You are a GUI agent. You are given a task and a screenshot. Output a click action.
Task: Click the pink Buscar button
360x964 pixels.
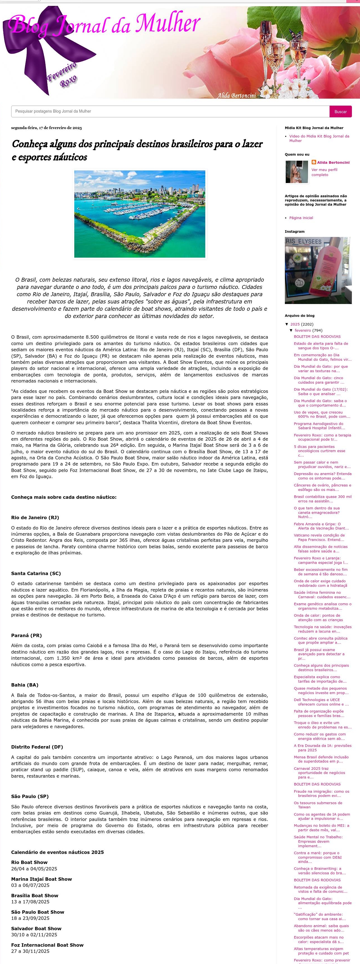[340, 111]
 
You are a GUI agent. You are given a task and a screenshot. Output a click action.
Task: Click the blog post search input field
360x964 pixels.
[170, 111]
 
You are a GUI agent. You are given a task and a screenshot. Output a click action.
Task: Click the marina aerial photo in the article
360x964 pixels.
[140, 214]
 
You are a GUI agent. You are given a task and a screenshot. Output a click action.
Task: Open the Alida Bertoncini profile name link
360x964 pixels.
[333, 162]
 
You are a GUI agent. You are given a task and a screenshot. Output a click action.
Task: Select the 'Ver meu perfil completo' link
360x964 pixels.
[324, 172]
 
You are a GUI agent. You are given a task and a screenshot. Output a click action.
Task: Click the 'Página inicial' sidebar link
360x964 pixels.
[301, 218]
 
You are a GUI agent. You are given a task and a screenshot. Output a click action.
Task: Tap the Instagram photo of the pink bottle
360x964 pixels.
[318, 270]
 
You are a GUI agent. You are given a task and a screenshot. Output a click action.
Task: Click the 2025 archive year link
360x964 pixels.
[295, 324]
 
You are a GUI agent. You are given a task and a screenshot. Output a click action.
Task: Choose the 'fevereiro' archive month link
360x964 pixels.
[302, 331]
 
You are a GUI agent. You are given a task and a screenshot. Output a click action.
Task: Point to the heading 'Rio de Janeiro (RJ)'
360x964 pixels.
[35, 517]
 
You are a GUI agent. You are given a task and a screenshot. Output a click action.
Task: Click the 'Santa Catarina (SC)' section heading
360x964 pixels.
[36, 573]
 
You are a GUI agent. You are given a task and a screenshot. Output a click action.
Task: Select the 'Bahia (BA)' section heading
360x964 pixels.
[25, 685]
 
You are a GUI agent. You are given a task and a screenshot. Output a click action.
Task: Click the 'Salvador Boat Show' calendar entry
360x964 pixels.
[36, 929]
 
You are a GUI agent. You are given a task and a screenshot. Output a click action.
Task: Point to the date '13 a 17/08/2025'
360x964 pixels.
[30, 901]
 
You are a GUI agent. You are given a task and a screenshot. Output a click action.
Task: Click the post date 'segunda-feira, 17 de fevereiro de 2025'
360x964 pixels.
[46, 128]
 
